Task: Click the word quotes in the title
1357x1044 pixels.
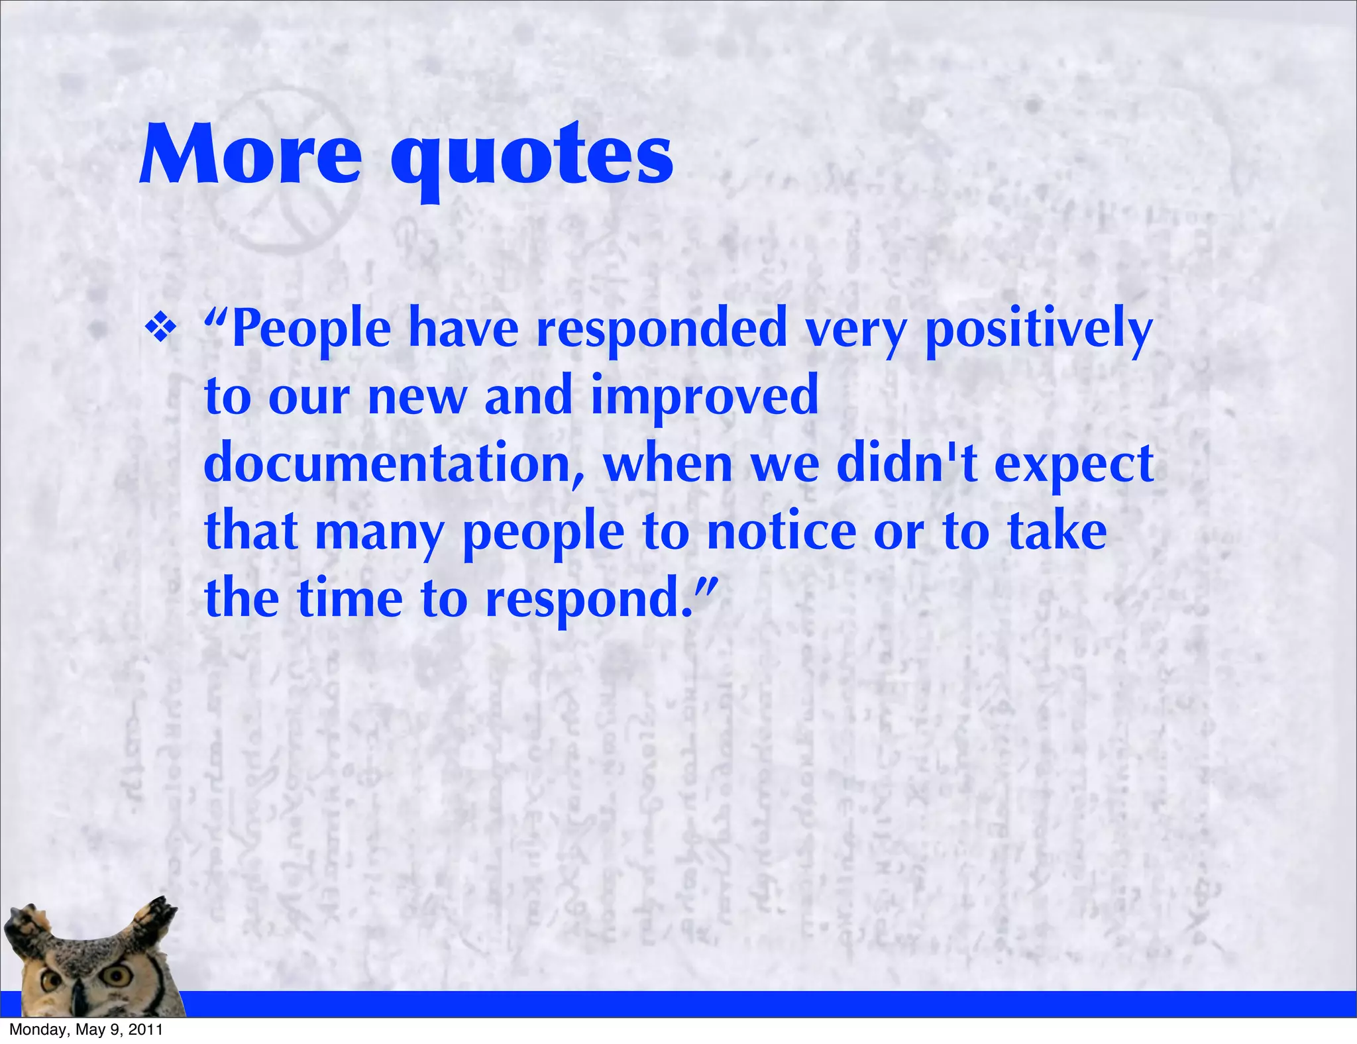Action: [531, 159]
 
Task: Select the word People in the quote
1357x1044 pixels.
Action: [311, 330]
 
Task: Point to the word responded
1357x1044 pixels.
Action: [661, 330]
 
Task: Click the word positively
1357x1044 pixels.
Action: [1038, 330]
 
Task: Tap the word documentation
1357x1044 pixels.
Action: [394, 464]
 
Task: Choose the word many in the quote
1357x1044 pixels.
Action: [379, 534]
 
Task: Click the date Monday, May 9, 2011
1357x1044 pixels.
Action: [86, 1030]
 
